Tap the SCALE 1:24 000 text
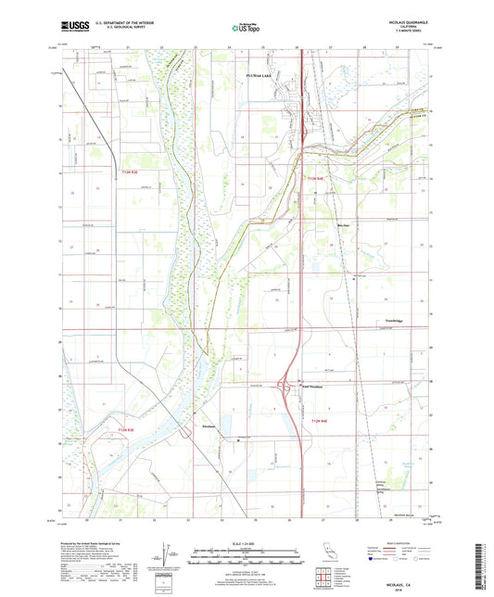pyautogui.click(x=246, y=541)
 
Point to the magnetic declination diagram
pyautogui.click(x=165, y=555)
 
